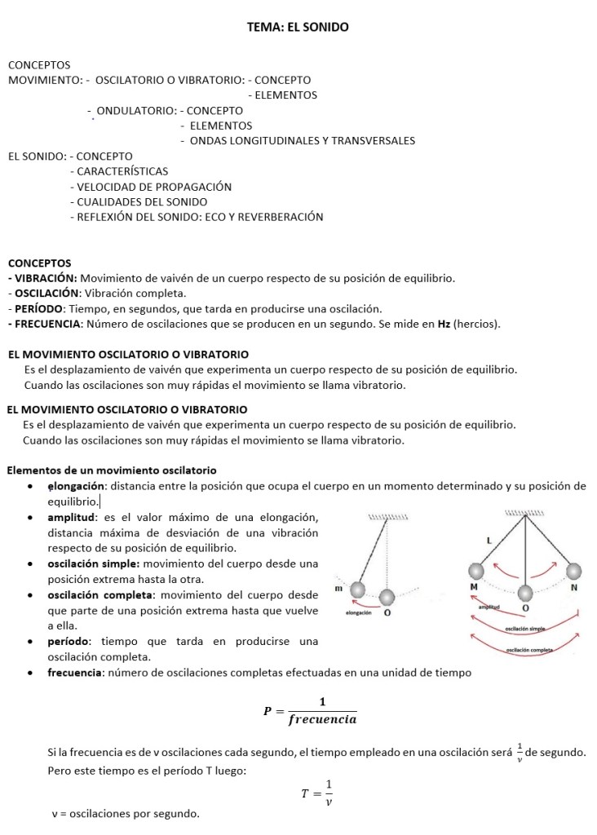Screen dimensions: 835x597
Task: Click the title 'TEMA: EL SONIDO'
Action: pyautogui.click(x=298, y=28)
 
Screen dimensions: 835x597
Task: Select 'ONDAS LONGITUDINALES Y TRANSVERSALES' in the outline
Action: pyautogui.click(x=302, y=140)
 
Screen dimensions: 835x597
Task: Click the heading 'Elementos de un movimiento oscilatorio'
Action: pyautogui.click(x=112, y=471)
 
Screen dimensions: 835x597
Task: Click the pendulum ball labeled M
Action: pyautogui.click(x=475, y=571)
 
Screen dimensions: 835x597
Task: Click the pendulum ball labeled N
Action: pyautogui.click(x=574, y=571)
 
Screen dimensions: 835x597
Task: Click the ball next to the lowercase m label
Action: pyautogui.click(x=356, y=589)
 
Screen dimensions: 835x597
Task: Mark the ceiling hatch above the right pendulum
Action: pyautogui.click(x=524, y=513)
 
